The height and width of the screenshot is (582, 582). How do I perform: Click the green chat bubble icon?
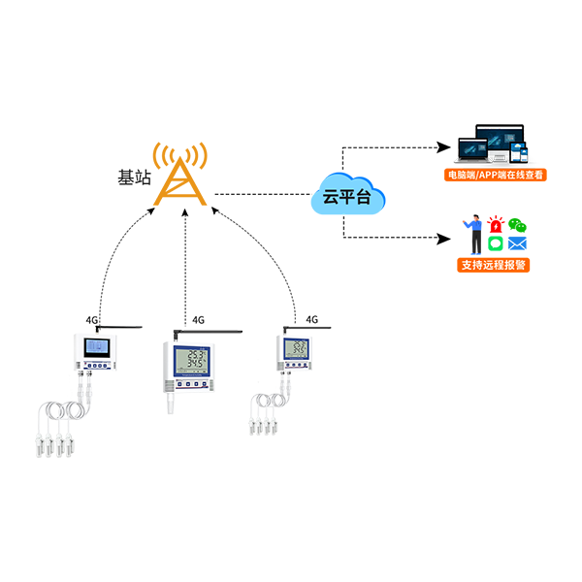point(497,242)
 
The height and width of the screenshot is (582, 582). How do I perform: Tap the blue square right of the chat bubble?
point(525,242)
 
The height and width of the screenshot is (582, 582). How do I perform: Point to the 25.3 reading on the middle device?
point(197,354)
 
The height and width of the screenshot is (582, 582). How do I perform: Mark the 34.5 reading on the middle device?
point(197,366)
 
